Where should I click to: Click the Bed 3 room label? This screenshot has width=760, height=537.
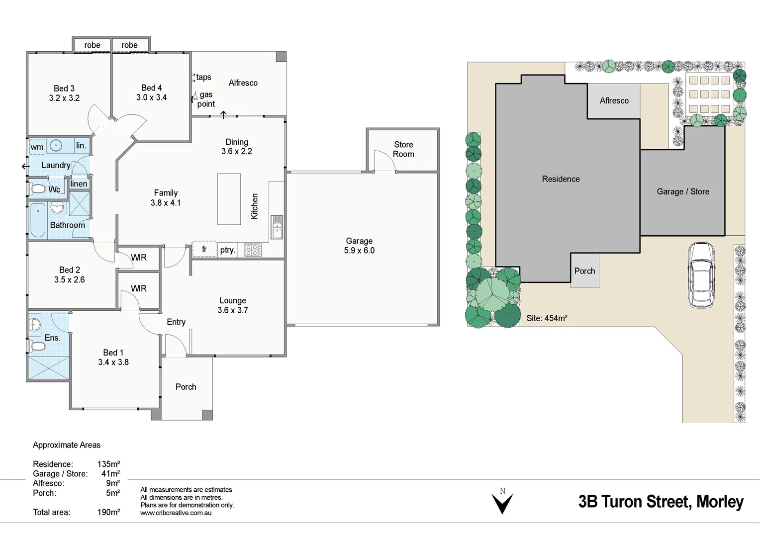click(x=64, y=93)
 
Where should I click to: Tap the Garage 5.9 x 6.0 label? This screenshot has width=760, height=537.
click(x=359, y=246)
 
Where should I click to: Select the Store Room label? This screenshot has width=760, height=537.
click(x=403, y=149)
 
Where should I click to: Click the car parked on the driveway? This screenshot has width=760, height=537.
click(x=701, y=275)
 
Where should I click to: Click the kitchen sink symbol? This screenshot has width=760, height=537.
click(x=277, y=227)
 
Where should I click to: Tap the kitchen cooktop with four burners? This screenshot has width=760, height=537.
click(x=253, y=250)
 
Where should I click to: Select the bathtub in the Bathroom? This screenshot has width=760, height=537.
click(x=38, y=220)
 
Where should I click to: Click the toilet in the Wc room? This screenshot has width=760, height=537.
click(x=37, y=189)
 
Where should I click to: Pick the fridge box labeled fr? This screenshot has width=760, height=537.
click(x=204, y=249)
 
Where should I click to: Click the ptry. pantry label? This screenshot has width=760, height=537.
click(x=227, y=250)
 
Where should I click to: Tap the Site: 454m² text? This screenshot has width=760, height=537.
click(x=547, y=318)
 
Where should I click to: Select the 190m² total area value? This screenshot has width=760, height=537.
click(x=108, y=512)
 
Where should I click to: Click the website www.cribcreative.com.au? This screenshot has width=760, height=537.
click(x=176, y=513)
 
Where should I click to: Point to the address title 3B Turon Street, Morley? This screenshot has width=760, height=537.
click(x=661, y=502)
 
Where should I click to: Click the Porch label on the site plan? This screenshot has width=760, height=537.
click(x=584, y=271)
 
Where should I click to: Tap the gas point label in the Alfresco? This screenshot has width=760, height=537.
click(x=206, y=99)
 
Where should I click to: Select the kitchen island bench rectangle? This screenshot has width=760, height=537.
click(x=229, y=199)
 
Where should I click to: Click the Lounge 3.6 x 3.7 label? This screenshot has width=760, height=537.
click(x=233, y=305)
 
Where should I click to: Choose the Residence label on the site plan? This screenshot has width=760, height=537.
click(x=561, y=179)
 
